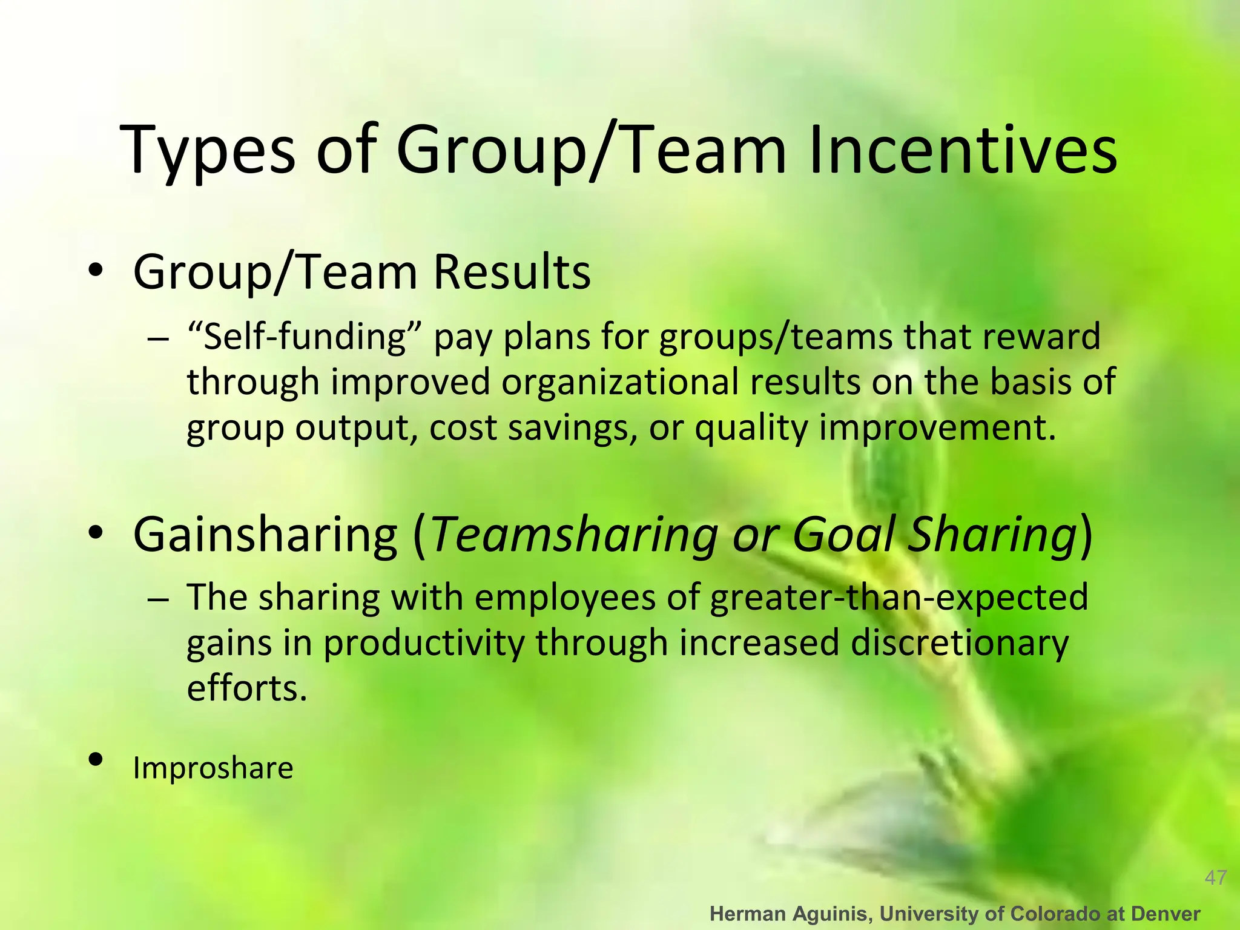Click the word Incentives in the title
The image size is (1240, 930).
click(962, 150)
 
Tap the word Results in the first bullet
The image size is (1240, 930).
click(512, 272)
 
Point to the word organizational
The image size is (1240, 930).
click(621, 382)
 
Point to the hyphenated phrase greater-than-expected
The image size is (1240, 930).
click(899, 597)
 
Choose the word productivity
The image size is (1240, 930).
click(424, 642)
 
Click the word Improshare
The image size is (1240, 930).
click(213, 768)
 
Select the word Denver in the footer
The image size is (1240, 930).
click(1165, 914)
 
